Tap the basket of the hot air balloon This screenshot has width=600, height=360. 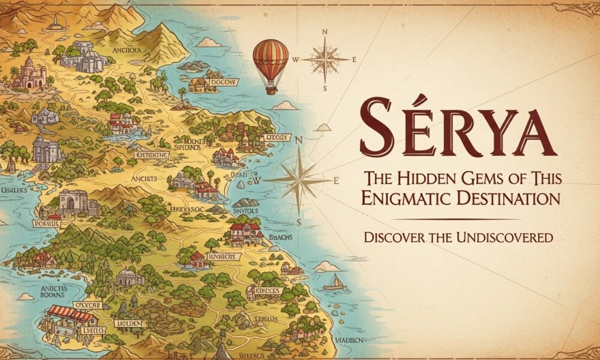pos(271,90)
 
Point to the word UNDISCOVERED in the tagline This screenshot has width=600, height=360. pos(503,238)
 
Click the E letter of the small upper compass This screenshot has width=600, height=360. pos(354,59)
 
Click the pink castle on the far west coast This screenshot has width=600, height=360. pos(29,74)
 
